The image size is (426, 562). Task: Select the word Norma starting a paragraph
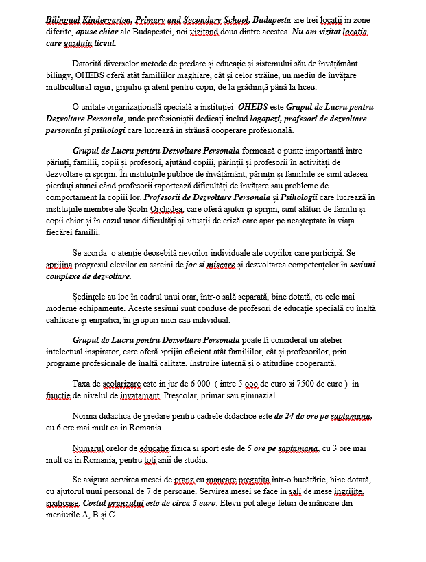[86, 417]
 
